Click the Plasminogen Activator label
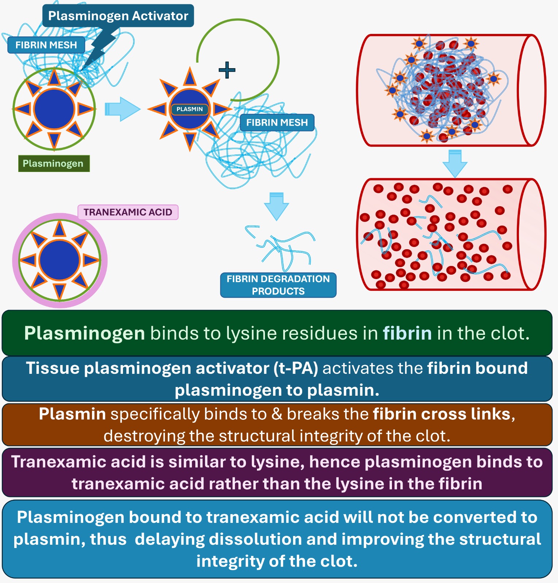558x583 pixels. [x=118, y=16]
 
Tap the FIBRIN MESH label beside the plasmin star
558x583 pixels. [x=277, y=122]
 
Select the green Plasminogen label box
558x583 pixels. [x=53, y=163]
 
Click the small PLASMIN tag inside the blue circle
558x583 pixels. [x=189, y=109]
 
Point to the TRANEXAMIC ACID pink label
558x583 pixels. [x=128, y=212]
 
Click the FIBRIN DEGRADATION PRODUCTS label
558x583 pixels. [x=278, y=285]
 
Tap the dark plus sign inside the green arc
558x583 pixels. [x=227, y=70]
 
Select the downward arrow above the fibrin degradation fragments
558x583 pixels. [x=276, y=206]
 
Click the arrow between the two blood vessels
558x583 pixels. [x=454, y=163]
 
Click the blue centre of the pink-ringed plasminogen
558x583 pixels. [x=59, y=260]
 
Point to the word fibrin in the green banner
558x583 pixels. [x=407, y=333]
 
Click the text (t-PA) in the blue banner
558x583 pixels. [x=296, y=368]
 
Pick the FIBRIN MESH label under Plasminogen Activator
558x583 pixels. [x=46, y=45]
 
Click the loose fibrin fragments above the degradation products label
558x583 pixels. [x=281, y=246]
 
